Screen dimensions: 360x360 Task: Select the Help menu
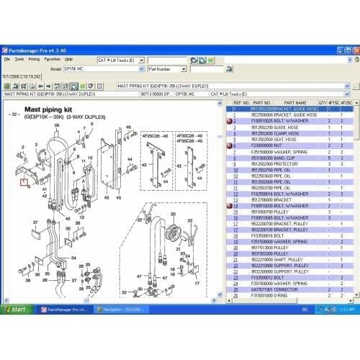(x=69, y=59)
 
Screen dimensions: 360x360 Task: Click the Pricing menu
(x=34, y=59)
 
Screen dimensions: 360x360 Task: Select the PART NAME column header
(x=295, y=103)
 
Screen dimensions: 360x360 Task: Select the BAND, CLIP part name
(x=288, y=158)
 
